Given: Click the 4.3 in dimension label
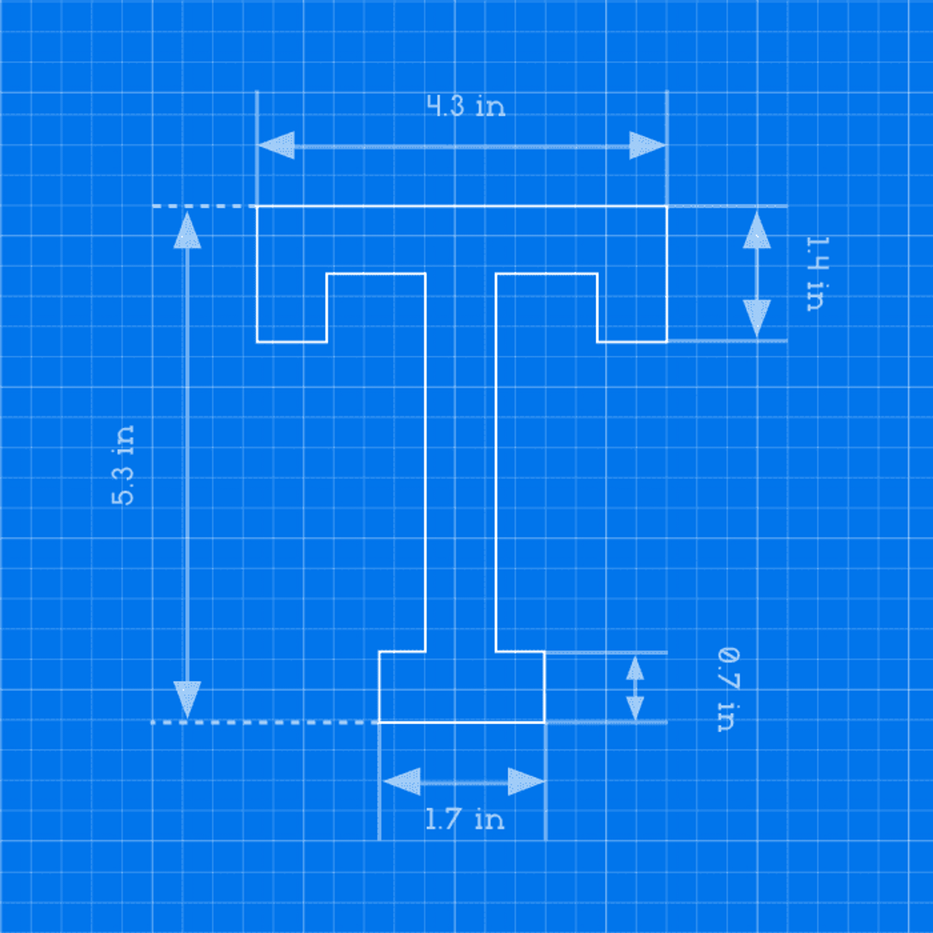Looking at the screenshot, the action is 466,106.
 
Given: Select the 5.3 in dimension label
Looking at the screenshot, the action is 123,465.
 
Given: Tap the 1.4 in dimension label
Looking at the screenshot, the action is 818,274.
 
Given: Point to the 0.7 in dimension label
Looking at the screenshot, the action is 728,690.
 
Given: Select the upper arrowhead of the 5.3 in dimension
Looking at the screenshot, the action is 187,230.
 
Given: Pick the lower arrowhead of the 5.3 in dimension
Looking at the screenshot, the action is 187,700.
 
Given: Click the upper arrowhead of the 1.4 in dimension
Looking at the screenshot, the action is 757,230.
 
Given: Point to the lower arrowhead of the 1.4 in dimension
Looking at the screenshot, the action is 757,318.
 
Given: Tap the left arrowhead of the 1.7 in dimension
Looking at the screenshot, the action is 401,781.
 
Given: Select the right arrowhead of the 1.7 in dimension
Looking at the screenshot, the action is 527,781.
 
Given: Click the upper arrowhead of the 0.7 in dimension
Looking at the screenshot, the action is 635,668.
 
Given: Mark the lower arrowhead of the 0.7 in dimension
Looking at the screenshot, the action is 635,708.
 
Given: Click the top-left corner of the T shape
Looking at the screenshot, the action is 257,206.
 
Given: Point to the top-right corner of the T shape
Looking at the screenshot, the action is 667,206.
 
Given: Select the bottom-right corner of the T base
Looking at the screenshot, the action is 545,722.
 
